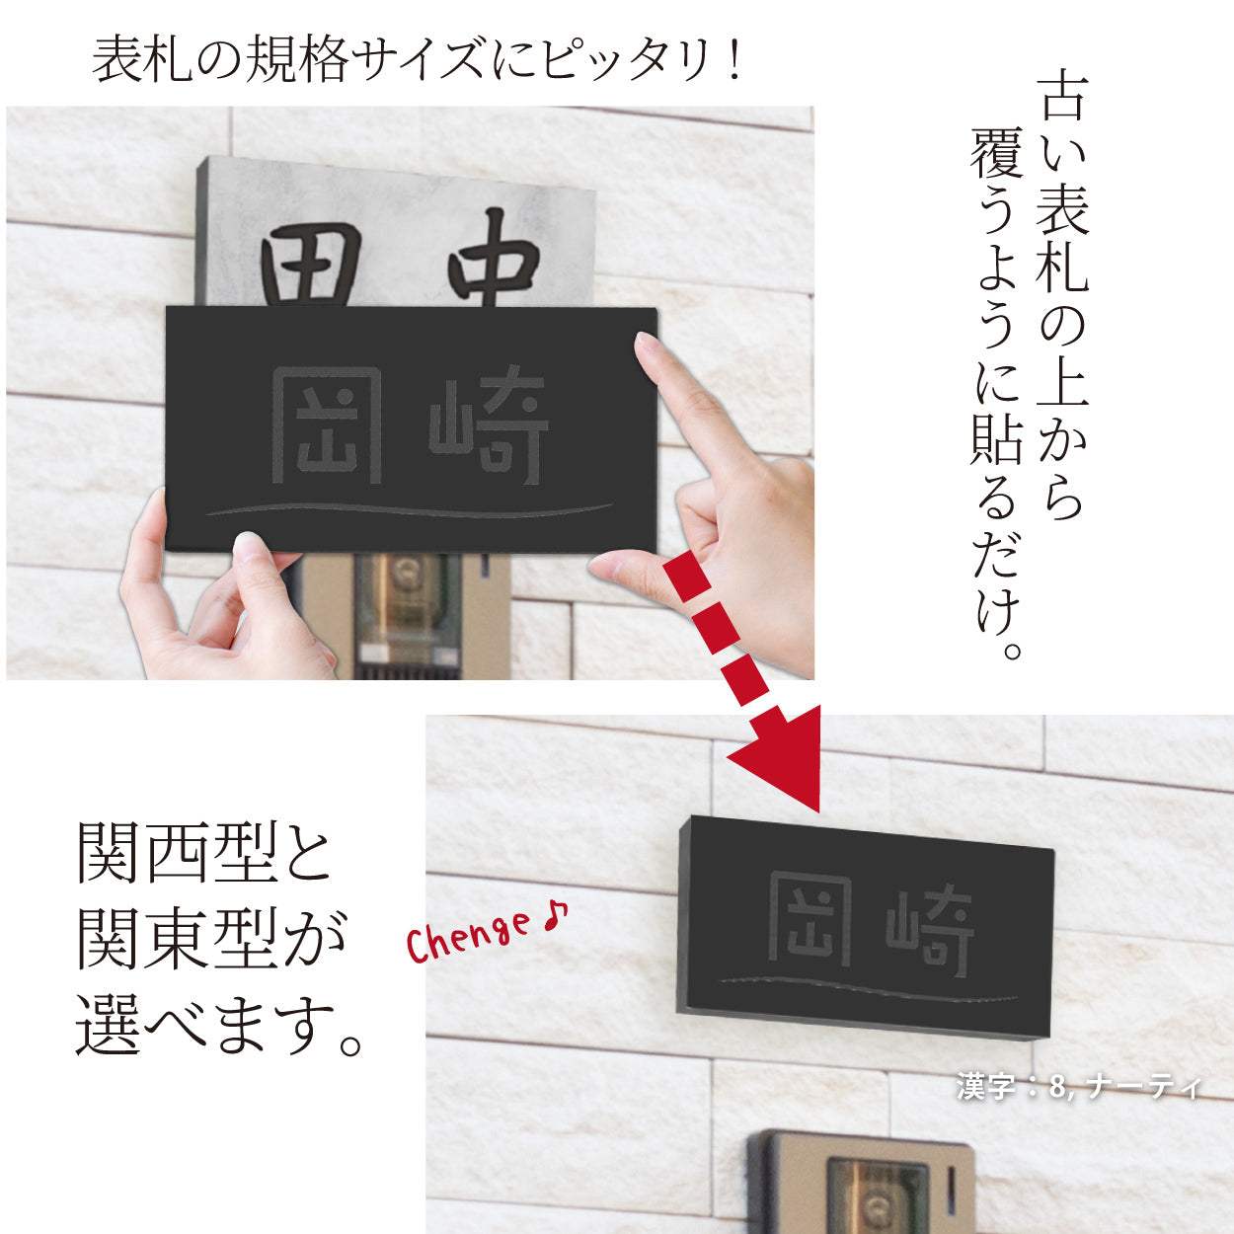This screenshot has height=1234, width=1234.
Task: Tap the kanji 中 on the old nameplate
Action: point(493,259)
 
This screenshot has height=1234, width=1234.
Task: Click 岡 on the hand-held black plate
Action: point(327,425)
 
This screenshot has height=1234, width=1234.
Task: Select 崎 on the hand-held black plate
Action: point(489,425)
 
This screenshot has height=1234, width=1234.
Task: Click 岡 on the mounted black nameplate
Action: point(809,919)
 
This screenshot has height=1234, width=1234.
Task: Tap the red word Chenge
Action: point(468,936)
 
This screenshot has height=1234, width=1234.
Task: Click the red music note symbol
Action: point(556,915)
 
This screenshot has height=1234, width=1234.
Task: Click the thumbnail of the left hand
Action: point(248,544)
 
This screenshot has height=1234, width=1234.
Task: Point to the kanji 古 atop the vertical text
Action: point(1063,96)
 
